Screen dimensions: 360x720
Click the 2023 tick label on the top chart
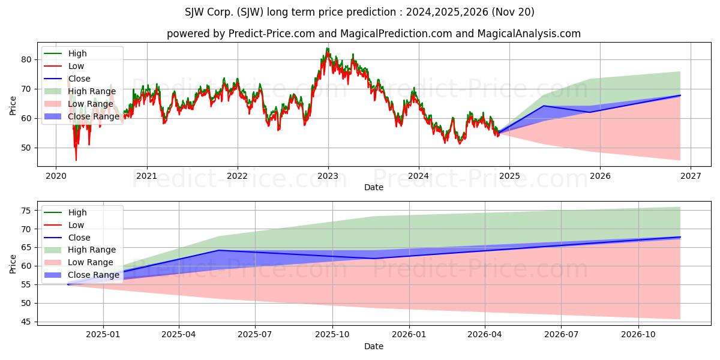coord(328,176)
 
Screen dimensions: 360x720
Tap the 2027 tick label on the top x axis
coord(691,176)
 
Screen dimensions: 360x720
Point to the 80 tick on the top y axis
coord(25,59)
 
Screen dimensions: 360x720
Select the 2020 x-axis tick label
coord(56,176)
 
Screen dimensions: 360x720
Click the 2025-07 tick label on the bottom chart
coord(255,335)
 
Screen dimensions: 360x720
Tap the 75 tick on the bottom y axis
coord(25,211)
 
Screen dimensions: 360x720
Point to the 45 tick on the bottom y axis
coord(25,322)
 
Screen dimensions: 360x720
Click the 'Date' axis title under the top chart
coord(373,187)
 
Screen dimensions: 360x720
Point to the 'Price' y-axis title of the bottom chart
coord(13,263)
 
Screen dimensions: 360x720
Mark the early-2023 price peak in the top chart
coord(328,48)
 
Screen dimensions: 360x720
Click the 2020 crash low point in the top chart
coord(76,160)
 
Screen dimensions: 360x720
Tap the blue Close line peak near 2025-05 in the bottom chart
coord(219,250)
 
